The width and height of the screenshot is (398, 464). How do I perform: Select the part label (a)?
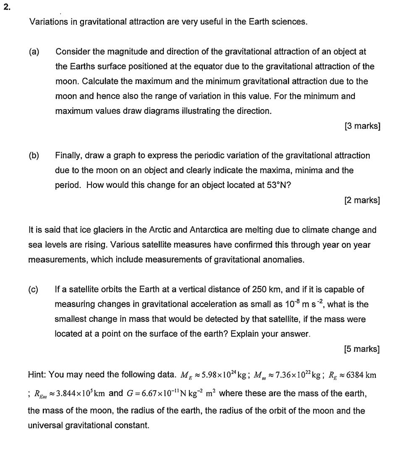(x=34, y=52)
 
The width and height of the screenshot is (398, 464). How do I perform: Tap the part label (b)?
(x=34, y=156)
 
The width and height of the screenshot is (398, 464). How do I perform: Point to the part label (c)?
(x=34, y=289)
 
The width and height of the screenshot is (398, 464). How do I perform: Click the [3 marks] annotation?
(x=362, y=126)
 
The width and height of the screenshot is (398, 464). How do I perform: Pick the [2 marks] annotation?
(x=362, y=200)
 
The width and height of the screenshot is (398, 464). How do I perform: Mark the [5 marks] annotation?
(x=361, y=349)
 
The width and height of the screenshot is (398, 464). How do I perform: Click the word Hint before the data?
(x=36, y=375)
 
